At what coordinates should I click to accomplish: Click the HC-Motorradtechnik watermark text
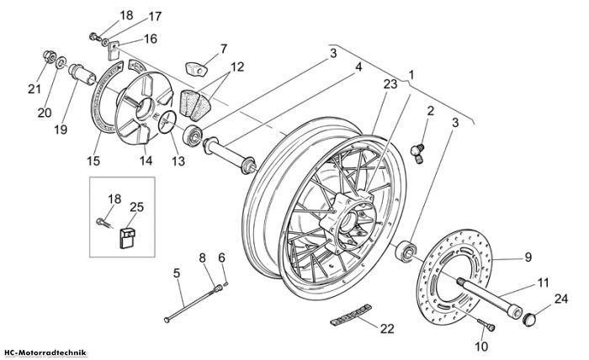pyautogui.click(x=45, y=353)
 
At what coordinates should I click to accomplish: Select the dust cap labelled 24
pyautogui.click(x=529, y=320)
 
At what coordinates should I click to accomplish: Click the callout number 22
pyautogui.click(x=387, y=329)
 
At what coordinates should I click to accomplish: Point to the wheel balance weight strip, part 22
pyautogui.click(x=351, y=315)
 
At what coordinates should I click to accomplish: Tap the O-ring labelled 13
pyautogui.click(x=167, y=122)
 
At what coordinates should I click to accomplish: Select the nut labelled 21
pyautogui.click(x=50, y=56)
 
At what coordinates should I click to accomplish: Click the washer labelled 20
pyautogui.click(x=61, y=62)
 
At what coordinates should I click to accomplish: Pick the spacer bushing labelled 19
pyautogui.click(x=81, y=74)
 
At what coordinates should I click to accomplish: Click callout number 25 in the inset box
pyautogui.click(x=136, y=207)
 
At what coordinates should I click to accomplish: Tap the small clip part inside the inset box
pyautogui.click(x=127, y=238)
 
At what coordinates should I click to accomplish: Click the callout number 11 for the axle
pyautogui.click(x=544, y=283)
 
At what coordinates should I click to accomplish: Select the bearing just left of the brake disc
pyautogui.click(x=406, y=251)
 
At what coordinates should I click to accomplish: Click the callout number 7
pyautogui.click(x=224, y=49)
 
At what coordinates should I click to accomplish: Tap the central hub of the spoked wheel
pyautogui.click(x=348, y=222)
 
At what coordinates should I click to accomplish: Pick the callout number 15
pyautogui.click(x=93, y=161)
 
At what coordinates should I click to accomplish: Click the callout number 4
pyautogui.click(x=358, y=67)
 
